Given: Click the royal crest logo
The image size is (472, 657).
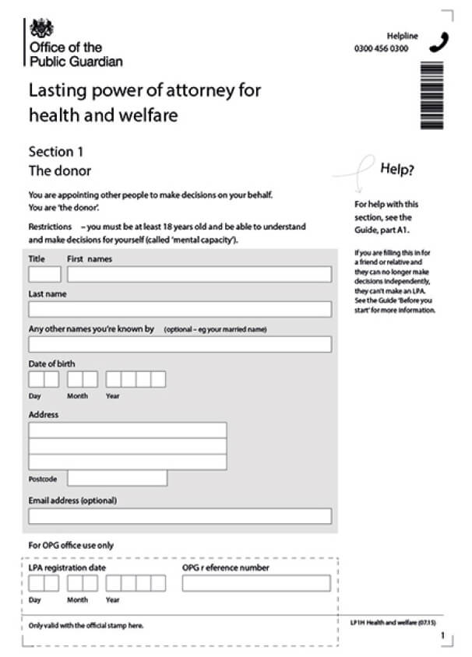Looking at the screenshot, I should click(41, 29).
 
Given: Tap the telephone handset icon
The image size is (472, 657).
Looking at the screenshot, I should click(439, 41).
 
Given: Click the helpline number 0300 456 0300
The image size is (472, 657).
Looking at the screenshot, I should click(381, 48).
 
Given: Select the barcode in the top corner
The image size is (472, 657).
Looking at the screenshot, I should click(431, 95).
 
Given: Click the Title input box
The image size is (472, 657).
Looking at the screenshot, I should click(44, 274).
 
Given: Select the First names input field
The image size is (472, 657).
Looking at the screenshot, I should click(199, 274).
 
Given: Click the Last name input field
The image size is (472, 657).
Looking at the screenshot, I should click(180, 309).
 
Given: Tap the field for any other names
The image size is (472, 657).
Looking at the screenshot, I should click(180, 344).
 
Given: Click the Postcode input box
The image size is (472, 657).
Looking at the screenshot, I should click(117, 478).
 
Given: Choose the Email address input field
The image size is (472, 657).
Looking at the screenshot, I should click(180, 516).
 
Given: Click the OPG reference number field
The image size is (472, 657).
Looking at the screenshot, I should click(256, 583).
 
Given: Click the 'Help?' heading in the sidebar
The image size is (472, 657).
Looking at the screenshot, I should click(397, 169).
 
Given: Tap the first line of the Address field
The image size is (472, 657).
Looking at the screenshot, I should click(128, 430).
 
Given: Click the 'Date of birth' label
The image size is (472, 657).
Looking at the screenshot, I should click(52, 364).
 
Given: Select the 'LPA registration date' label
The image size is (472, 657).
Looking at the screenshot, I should click(67, 567).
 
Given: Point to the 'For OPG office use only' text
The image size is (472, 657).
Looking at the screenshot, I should click(71, 546).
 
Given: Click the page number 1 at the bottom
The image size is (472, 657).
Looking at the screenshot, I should click(442, 636).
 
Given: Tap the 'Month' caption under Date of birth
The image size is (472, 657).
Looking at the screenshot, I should click(77, 396).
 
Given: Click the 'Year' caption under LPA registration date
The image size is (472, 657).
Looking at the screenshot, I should click(113, 600).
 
